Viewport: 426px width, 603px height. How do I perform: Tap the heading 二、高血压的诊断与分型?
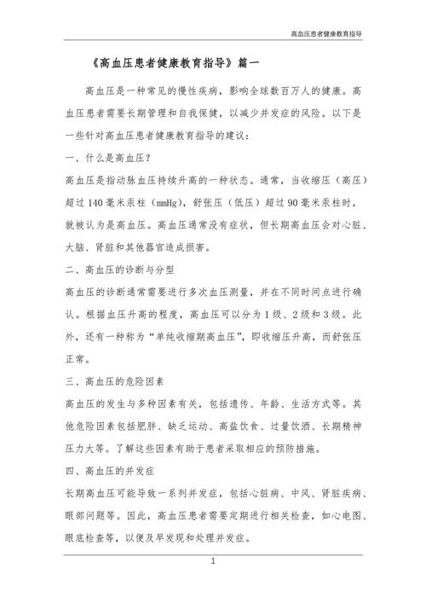(x=120, y=270)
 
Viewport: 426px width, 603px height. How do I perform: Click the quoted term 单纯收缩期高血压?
(x=205, y=337)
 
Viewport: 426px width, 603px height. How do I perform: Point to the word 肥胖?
(x=156, y=426)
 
